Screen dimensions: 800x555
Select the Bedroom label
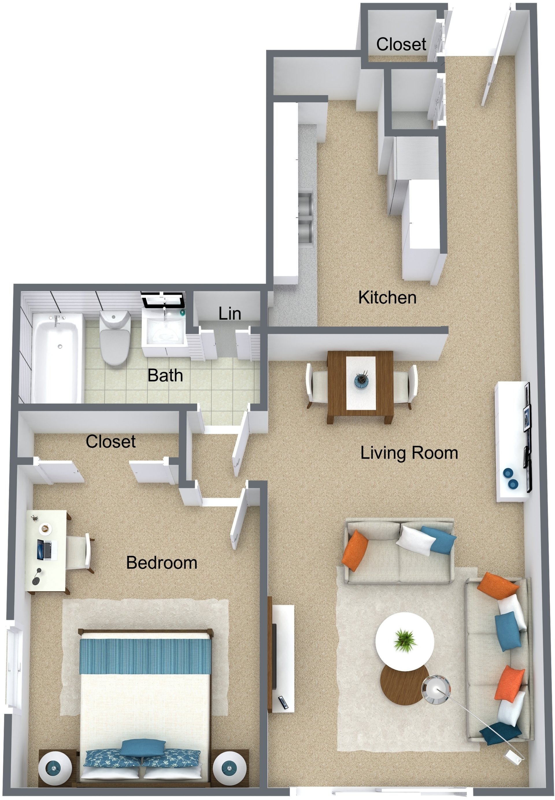point(162,563)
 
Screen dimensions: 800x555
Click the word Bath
point(165,376)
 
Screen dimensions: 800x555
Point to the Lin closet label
point(230,314)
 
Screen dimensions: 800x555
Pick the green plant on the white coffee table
point(405,640)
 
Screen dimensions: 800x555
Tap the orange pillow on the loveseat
point(355,551)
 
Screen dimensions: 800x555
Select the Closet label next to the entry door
point(401,45)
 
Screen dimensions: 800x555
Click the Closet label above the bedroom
point(111,442)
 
